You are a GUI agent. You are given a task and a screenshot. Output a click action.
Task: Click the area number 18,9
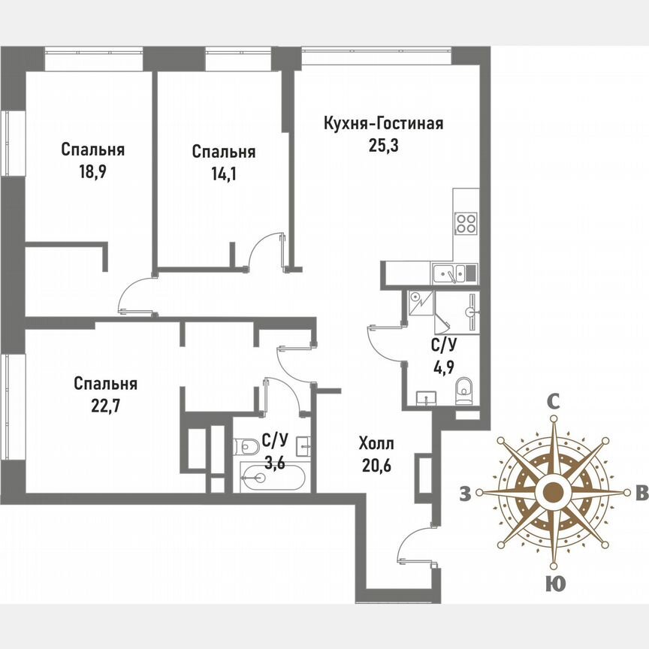(92, 172)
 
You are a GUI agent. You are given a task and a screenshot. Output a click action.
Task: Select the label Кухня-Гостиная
(383, 123)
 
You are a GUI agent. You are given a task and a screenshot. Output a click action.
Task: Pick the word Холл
(376, 443)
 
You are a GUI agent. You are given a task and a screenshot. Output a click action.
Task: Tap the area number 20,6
(376, 466)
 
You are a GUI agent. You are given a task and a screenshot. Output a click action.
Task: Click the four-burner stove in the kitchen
(466, 223)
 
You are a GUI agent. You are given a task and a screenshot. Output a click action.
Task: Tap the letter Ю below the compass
(553, 583)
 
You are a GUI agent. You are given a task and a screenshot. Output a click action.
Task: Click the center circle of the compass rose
(554, 492)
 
